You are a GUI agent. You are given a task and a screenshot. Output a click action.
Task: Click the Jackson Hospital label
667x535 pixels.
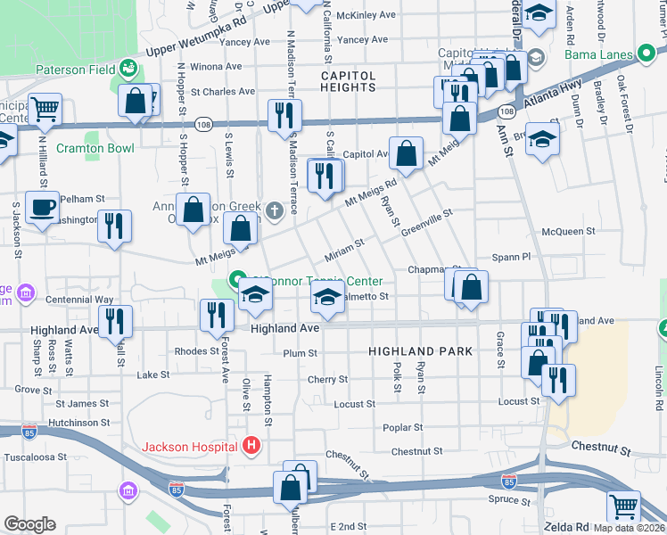191,445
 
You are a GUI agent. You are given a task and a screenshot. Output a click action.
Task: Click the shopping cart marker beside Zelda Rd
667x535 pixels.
623,506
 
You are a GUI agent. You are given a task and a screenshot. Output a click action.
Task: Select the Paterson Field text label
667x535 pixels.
74,69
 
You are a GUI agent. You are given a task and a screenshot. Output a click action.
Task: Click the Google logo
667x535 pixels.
29,524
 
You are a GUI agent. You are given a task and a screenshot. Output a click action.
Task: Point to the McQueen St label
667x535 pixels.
568,232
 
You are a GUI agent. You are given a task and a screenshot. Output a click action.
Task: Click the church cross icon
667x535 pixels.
276,211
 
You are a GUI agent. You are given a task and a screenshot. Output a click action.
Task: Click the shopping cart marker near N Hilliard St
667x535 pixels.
45,111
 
